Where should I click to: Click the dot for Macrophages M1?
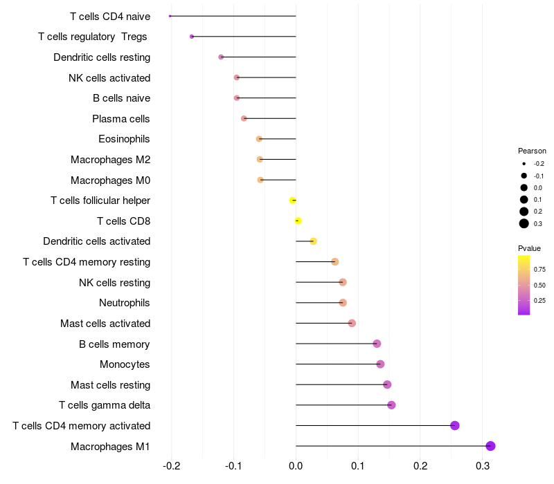pos(490,446)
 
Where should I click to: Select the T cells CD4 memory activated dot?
pos(455,425)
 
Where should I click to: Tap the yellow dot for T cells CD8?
pos(298,221)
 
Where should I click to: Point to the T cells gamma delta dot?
pos(391,405)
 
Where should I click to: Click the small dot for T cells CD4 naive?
pos(170,16)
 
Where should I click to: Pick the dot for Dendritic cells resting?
pos(221,57)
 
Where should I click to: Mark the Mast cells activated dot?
pos(352,323)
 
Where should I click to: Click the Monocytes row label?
pos(125,364)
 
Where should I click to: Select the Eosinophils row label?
pos(124,139)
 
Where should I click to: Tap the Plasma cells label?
pos(121,119)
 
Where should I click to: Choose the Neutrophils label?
pos(125,303)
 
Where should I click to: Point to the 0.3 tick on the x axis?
pos(483,466)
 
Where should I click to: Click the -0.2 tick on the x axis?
pos(171,466)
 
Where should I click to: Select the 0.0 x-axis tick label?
pos(296,466)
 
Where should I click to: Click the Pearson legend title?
pos(532,151)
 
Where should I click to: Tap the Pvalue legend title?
pos(530,248)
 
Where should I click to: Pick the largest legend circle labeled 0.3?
pos(524,223)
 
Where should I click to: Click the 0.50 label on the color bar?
pos(539,285)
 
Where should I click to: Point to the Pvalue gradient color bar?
pos(524,285)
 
